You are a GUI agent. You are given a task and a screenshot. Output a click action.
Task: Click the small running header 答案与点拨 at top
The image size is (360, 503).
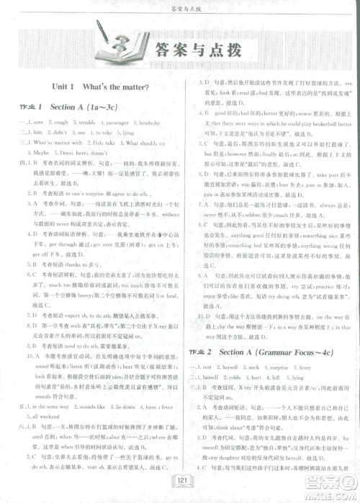(x=180, y=9)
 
